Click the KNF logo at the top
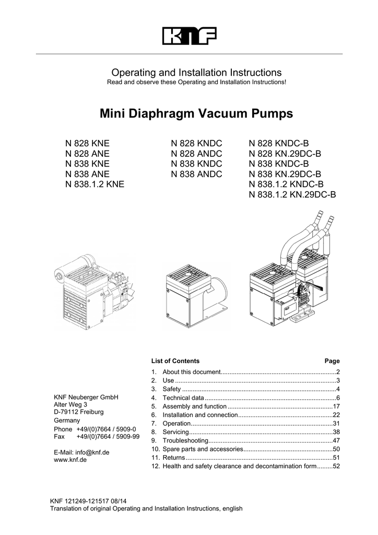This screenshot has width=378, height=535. (188, 36)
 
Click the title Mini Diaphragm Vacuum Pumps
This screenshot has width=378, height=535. (188, 113)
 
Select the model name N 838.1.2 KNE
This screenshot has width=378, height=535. (95, 184)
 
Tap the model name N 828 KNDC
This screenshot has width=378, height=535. (197, 143)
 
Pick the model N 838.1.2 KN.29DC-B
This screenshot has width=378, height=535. (292, 195)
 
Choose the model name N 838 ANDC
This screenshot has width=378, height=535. (197, 174)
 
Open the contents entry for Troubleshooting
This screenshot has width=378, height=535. (182, 441)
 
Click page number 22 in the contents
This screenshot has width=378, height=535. (336, 415)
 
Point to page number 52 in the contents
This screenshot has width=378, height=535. (336, 467)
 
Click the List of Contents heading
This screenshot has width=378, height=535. (175, 361)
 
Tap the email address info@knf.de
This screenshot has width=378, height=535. (81, 452)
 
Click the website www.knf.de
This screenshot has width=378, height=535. (70, 460)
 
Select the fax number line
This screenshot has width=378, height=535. (97, 437)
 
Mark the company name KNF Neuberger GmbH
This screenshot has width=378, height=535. (86, 397)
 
